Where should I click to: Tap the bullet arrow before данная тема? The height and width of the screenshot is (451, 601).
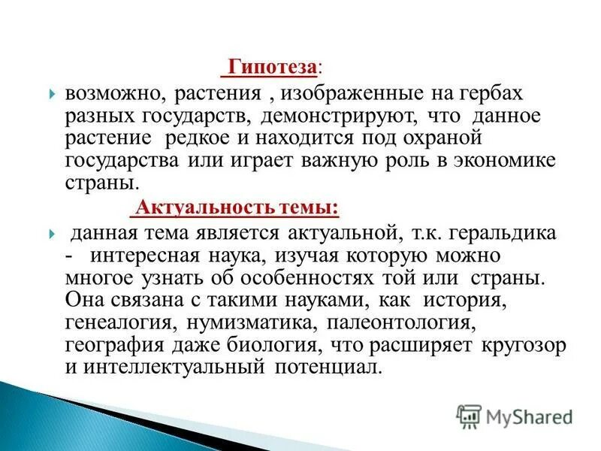(51, 235)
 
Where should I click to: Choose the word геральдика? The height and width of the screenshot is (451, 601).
(505, 234)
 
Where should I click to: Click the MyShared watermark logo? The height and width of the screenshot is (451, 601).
(515, 415)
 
